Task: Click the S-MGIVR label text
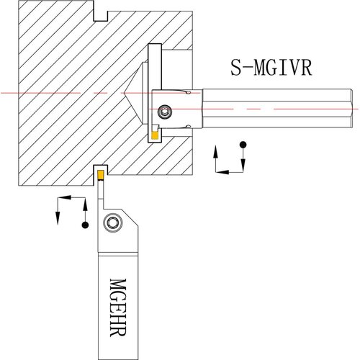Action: point(271,68)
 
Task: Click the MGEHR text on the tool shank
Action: point(118,307)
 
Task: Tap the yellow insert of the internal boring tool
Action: point(155,135)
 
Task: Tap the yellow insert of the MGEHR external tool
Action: point(101,175)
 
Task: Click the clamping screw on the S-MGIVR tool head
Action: point(165,111)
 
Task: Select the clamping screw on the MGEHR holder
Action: point(112,222)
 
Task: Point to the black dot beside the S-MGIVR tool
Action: point(243,145)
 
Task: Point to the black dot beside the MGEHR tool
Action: point(85,225)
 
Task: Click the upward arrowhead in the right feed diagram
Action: point(215,151)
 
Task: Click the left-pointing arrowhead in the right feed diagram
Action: point(222,172)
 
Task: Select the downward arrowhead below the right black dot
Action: point(243,165)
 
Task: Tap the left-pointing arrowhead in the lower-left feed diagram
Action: point(65,197)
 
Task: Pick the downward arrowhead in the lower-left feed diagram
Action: point(58,218)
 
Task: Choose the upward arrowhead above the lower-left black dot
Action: point(85,204)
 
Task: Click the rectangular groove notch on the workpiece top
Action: point(100,16)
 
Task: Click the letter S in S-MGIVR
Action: point(235,68)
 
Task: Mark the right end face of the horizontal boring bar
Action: point(352,108)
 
